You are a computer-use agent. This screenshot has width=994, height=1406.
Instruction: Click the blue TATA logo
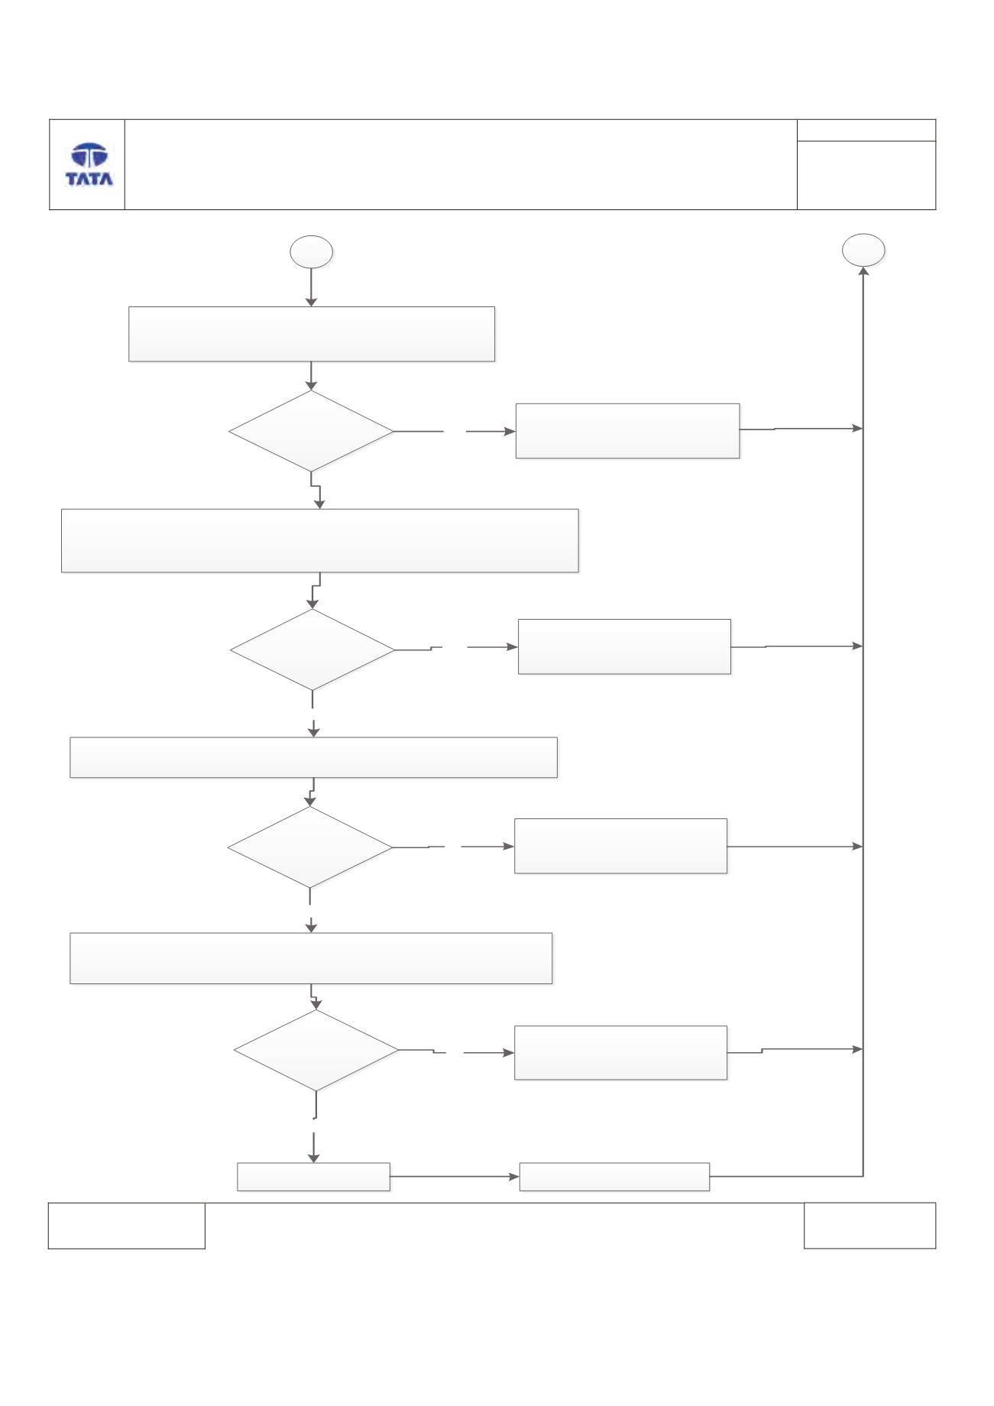tap(89, 164)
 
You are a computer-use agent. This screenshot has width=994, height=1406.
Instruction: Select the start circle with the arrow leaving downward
tap(312, 252)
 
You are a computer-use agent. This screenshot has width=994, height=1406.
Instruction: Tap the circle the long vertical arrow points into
tap(863, 250)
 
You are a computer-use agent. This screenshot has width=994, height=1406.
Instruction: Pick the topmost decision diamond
tap(312, 431)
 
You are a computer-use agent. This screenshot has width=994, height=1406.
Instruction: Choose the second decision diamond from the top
tap(312, 650)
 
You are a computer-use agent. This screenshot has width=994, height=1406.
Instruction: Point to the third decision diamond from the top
tap(310, 847)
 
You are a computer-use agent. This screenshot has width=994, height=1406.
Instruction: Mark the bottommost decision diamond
tap(316, 1051)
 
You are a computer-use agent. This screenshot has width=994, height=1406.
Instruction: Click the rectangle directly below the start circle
tap(312, 334)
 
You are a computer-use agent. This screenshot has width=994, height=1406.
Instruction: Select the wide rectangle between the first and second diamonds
tap(319, 540)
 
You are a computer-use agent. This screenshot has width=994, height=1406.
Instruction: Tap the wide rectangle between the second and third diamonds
tap(313, 757)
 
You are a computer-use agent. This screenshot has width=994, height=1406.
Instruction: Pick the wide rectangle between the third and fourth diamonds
tap(311, 958)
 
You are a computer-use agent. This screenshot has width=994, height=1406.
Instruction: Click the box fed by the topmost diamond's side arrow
tap(627, 431)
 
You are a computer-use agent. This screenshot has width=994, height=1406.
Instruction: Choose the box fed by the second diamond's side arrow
tap(624, 646)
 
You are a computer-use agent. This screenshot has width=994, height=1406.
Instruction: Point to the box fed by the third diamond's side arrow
tap(620, 846)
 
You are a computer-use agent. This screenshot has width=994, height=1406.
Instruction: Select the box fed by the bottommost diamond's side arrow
tap(620, 1052)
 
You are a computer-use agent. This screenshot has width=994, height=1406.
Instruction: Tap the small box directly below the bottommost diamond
tap(313, 1177)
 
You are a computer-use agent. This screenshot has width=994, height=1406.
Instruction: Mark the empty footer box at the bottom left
tap(127, 1226)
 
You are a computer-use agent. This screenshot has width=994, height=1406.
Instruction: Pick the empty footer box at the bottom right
tap(869, 1226)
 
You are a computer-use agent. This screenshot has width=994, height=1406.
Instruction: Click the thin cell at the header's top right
tap(866, 130)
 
